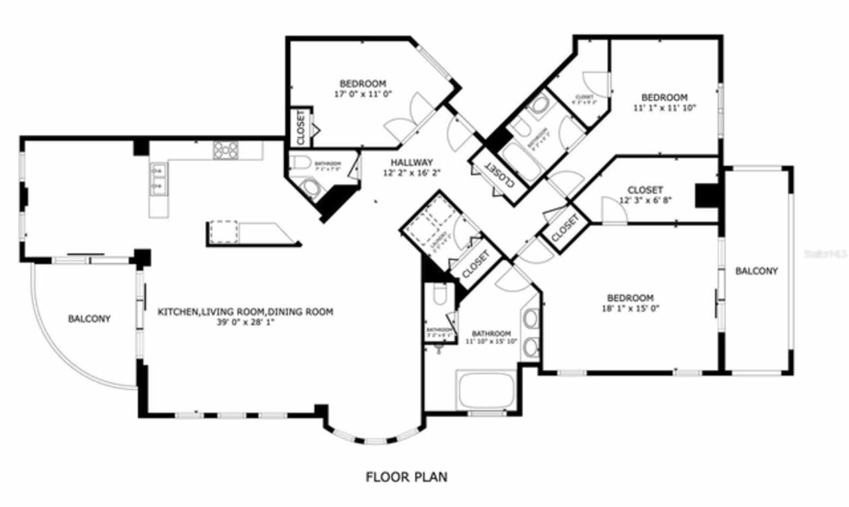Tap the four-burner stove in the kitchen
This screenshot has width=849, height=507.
coord(226,150)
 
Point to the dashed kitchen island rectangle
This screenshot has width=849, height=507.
coord(224,232)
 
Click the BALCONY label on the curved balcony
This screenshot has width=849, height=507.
coord(90,319)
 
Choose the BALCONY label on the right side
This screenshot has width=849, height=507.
coord(756,271)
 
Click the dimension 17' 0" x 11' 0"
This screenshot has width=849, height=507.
coord(363,94)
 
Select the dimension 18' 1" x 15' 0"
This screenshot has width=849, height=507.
coord(630,308)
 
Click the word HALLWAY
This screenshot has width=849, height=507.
coord(411,162)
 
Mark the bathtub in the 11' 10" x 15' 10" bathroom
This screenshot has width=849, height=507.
coord(486,392)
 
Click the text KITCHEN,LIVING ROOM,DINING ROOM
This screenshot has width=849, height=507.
coord(245,312)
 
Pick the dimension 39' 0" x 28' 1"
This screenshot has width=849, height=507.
coord(245,323)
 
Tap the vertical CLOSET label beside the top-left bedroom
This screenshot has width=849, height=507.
coord(300,127)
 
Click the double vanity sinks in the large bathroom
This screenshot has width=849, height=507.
coord(530,332)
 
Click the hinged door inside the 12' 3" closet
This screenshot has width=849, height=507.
coord(614,211)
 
